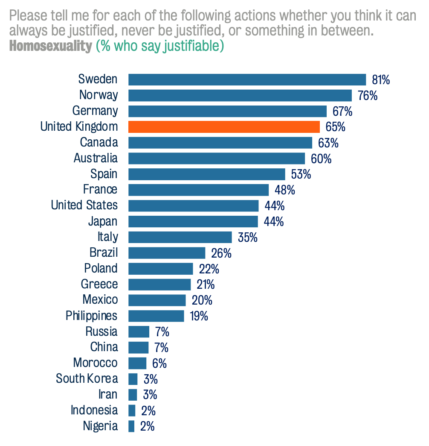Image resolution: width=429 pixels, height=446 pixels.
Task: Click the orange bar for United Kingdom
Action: [x=224, y=127]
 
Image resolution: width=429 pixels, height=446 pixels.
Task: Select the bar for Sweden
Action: [x=247, y=79]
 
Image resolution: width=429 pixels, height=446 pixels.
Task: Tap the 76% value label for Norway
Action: [x=368, y=95]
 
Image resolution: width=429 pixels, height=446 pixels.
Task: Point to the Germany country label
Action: [x=95, y=111]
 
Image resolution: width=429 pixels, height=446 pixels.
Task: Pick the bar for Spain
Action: [x=206, y=174]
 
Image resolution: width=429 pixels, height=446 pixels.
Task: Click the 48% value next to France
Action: [x=285, y=190]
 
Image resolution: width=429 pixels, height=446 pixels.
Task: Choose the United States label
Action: [x=84, y=205]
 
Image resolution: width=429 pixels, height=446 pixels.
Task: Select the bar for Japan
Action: [x=193, y=221]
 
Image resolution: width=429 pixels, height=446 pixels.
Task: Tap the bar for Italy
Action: [x=180, y=237]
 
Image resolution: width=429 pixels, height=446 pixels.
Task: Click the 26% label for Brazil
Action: [x=221, y=253]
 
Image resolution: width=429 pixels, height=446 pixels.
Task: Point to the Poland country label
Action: [x=101, y=268]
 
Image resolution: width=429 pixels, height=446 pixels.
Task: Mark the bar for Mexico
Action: [x=157, y=300]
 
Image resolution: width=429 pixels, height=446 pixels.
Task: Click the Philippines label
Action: [x=92, y=316]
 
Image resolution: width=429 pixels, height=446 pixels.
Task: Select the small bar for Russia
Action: [x=139, y=332]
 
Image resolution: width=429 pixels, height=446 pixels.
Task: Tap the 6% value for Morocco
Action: [x=159, y=364]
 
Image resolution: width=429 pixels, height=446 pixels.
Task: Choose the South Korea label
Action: [x=87, y=379]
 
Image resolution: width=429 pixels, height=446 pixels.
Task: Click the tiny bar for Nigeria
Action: [x=131, y=426]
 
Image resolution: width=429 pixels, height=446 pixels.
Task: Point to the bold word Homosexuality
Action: [x=50, y=46]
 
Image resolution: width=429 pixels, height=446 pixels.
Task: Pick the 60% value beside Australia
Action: [x=321, y=158]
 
